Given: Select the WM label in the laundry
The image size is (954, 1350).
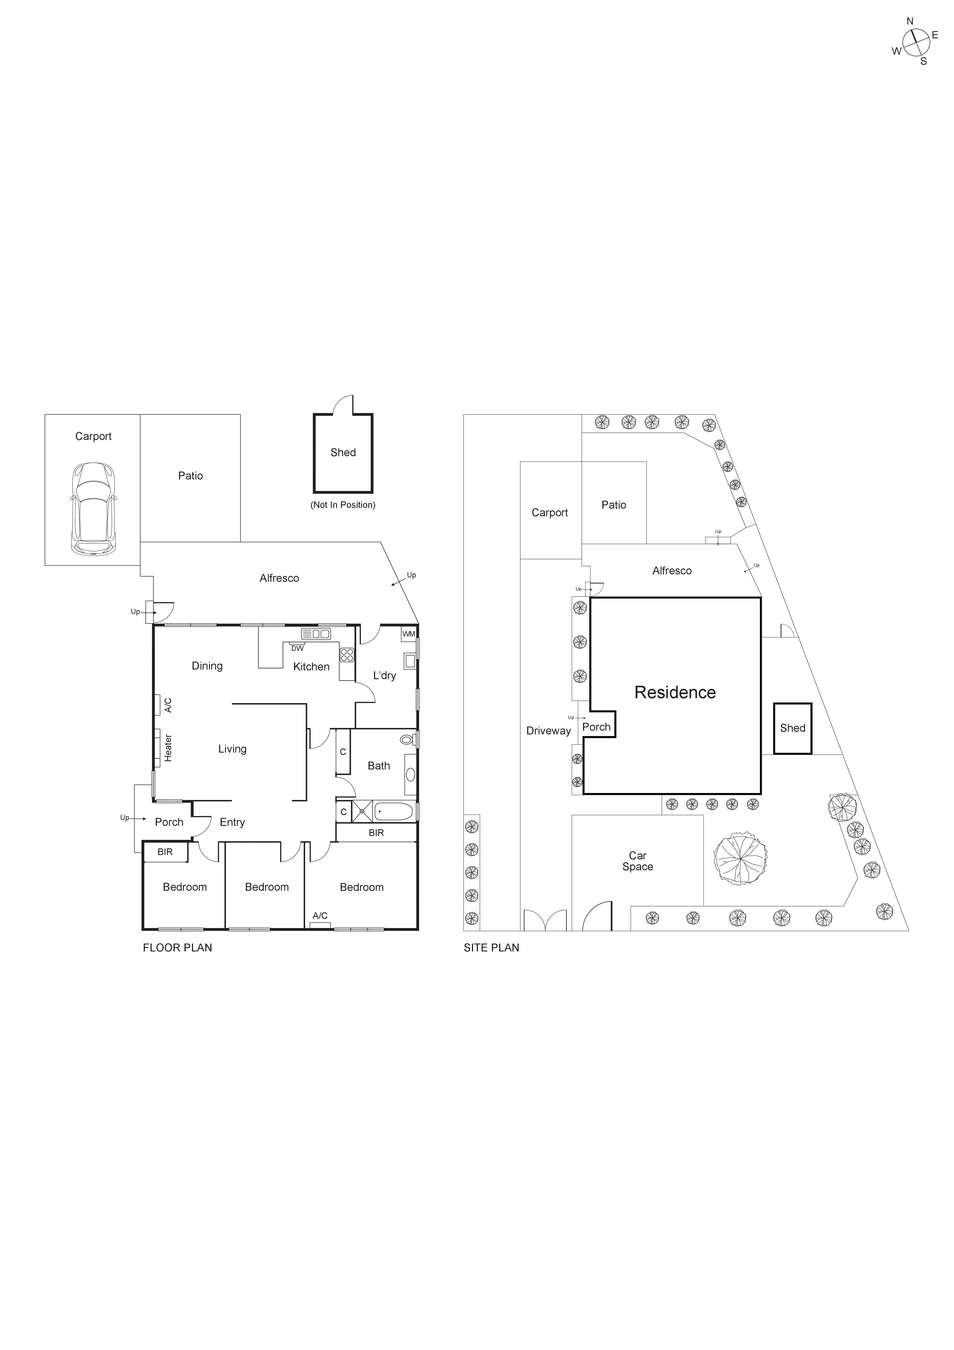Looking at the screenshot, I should (408, 634).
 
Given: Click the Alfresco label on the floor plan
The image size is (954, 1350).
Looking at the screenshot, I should (279, 578).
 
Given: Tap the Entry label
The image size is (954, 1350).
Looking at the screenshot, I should (232, 822).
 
